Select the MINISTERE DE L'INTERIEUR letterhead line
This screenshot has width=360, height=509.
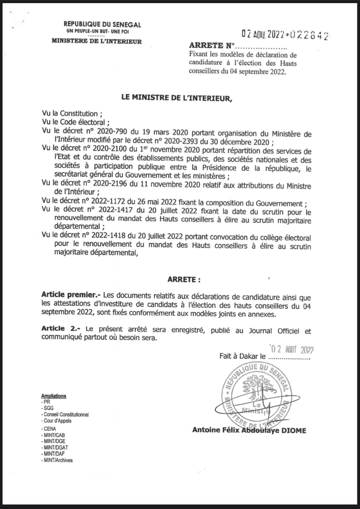96,42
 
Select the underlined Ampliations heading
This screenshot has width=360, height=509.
53,396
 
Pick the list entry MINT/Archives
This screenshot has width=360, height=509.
57,460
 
